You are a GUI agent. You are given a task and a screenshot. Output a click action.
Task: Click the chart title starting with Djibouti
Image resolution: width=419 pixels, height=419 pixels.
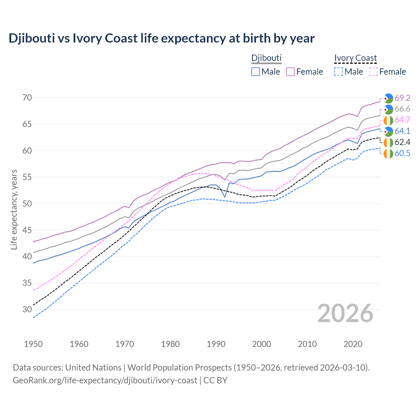pyautogui.click(x=161, y=38)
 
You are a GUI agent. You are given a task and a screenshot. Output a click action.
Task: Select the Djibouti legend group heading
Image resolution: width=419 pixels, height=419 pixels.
pyautogui.click(x=266, y=58)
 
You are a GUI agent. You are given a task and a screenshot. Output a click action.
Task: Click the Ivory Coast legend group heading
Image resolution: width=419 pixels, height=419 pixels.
pyautogui.click(x=355, y=58)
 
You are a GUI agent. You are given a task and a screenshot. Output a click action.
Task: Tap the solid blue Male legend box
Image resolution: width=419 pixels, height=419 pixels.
pyautogui.click(x=256, y=72)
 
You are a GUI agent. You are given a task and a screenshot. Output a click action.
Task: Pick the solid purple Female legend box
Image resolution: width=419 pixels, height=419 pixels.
pyautogui.click(x=290, y=72)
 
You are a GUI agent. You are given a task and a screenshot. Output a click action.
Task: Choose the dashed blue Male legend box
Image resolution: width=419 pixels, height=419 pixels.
pyautogui.click(x=338, y=72)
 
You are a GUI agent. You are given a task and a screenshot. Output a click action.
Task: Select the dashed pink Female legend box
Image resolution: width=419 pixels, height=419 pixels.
pyautogui.click(x=373, y=72)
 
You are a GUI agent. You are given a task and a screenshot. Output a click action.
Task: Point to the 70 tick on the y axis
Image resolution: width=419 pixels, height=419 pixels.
pyautogui.click(x=27, y=98)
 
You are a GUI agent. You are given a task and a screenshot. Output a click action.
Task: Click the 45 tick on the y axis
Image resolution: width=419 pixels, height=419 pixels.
pyautogui.click(x=27, y=230)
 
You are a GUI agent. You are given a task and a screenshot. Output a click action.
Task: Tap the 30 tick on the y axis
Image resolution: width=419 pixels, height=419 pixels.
pyautogui.click(x=27, y=309)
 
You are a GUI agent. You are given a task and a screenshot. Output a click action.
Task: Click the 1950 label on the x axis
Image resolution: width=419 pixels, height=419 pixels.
pyautogui.click(x=33, y=344)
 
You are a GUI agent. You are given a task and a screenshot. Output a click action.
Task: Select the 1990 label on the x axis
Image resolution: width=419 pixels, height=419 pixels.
pyautogui.click(x=216, y=344)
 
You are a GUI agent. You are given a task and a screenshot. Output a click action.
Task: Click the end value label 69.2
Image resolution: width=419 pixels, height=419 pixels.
pyautogui.click(x=402, y=98)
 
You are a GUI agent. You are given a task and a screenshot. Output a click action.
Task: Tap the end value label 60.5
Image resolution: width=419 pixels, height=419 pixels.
pyautogui.click(x=402, y=153)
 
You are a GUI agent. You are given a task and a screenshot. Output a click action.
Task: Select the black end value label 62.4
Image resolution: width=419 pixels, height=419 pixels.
pyautogui.click(x=402, y=142)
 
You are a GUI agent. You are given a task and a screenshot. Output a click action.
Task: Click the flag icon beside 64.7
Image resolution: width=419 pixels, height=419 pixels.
pyautogui.click(x=388, y=120)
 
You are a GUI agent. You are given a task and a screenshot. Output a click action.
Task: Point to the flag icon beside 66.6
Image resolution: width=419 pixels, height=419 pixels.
pyautogui.click(x=388, y=109)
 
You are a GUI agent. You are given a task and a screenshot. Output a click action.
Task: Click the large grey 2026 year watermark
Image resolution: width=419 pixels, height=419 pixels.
pyautogui.click(x=345, y=313)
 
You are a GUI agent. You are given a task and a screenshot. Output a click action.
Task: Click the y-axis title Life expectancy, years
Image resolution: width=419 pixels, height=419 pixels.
pyautogui.click(x=14, y=209)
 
